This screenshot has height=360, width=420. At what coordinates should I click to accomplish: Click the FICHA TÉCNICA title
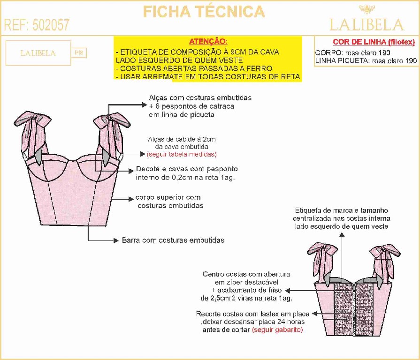(204, 11)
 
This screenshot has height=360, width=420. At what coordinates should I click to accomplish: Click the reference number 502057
(51, 25)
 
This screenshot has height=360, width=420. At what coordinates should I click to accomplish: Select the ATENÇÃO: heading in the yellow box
(208, 41)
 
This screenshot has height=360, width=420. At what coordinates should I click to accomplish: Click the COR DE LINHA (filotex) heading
(374, 42)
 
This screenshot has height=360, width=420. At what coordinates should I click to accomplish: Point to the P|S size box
(79, 53)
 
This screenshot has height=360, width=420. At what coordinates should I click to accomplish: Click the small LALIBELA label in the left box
(38, 53)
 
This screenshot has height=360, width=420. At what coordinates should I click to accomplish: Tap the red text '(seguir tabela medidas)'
(182, 154)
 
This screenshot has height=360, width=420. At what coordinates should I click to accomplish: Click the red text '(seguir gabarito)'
(277, 330)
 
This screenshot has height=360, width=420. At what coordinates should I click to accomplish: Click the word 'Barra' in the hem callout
(131, 240)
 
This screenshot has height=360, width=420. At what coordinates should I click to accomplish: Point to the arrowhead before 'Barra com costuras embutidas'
(117, 240)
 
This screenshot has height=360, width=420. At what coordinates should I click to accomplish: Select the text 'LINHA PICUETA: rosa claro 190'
(366, 60)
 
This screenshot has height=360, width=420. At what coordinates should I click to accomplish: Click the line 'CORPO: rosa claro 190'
(352, 53)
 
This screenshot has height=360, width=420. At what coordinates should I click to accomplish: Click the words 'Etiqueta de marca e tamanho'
(341, 210)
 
